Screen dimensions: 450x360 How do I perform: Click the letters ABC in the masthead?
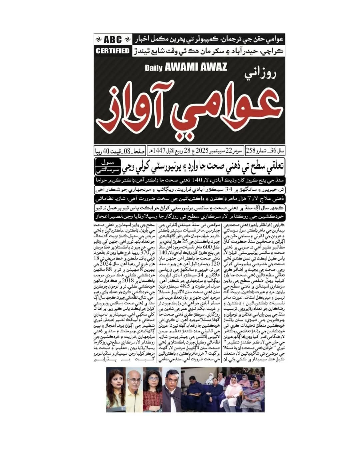pyautogui.click(x=113, y=40)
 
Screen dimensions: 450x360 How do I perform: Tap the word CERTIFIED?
pyautogui.click(x=112, y=51)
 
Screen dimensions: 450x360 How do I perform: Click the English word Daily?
pyautogui.click(x=154, y=68)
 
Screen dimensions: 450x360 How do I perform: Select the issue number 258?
pyautogui.click(x=250, y=151)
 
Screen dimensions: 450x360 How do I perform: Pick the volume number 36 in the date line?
pyautogui.click(x=274, y=151)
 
